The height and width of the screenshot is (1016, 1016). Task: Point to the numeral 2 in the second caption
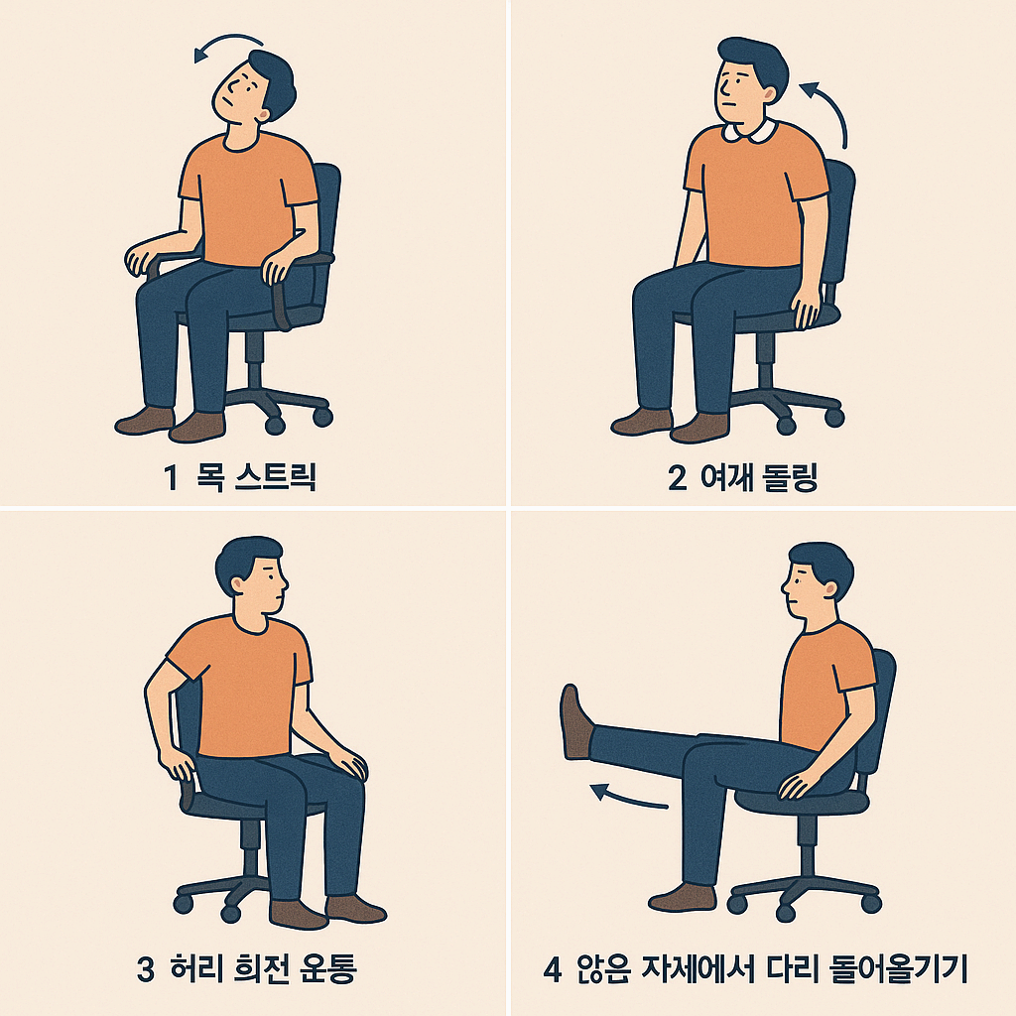pyautogui.click(x=678, y=478)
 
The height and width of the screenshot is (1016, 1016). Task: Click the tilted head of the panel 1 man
pyautogui.click(x=253, y=89)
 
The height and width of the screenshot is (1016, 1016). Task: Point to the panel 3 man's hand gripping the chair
pyautogui.click(x=180, y=766)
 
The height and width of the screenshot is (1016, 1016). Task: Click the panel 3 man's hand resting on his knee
pyautogui.click(x=350, y=764)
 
